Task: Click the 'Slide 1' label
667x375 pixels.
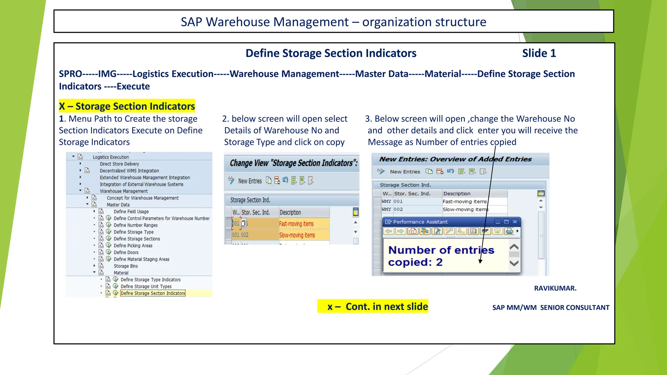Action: (539, 53)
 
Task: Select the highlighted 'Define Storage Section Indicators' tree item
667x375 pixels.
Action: (153, 293)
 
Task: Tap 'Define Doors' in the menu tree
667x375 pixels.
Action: (126, 253)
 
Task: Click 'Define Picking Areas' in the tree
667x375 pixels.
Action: (133, 246)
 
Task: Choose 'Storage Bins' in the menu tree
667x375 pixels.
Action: (126, 266)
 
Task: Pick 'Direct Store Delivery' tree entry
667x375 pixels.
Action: (119, 164)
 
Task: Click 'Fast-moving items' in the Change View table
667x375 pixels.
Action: (296, 224)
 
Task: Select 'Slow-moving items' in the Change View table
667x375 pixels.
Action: (297, 235)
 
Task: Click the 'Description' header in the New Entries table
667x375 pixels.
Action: (457, 194)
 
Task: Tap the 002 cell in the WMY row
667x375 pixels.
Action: (398, 209)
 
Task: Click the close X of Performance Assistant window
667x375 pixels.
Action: (515, 222)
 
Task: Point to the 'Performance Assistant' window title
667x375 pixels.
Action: (420, 222)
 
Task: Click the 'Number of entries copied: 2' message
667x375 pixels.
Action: (441, 256)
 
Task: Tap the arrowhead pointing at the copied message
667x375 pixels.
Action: (480, 261)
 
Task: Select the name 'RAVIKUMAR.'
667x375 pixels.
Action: (555, 288)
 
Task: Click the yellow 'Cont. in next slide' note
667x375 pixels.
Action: (373, 306)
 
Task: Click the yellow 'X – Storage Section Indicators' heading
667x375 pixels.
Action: (127, 106)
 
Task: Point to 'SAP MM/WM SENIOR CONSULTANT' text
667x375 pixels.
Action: (551, 308)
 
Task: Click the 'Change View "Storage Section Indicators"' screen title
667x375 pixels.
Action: (293, 163)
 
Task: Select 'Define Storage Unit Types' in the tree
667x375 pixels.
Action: (146, 286)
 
